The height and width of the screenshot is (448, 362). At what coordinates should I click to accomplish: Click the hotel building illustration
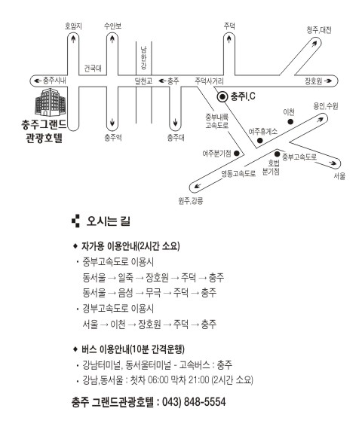click(51, 102)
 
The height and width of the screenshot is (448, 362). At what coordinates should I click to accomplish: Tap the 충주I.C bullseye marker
click(222, 97)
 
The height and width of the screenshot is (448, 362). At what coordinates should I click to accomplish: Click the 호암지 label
click(73, 26)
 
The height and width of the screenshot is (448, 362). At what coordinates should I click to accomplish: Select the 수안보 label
click(113, 26)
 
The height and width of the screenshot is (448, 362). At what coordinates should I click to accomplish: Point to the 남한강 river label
click(143, 58)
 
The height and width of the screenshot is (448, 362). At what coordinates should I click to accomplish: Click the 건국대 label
click(93, 69)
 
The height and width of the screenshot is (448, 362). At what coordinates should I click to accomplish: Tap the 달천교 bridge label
click(143, 81)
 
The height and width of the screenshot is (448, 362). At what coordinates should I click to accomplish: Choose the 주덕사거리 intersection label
click(209, 81)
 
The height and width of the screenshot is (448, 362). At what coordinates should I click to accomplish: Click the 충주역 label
click(113, 138)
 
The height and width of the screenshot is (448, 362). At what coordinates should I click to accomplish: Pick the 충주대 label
click(176, 138)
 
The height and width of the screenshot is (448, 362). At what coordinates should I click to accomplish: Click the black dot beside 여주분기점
click(237, 153)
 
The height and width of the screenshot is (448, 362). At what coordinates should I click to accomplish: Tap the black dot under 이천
click(290, 122)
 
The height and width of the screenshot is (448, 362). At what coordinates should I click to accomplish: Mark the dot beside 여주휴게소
click(260, 140)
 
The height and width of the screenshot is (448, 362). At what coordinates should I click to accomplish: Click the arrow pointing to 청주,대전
click(314, 43)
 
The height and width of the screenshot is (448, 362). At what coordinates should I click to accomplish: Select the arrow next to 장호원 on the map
click(328, 81)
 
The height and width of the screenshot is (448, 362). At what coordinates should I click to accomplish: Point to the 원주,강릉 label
click(191, 201)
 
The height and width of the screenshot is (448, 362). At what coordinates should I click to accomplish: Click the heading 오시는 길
click(109, 221)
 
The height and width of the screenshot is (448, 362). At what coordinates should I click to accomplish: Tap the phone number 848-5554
click(204, 402)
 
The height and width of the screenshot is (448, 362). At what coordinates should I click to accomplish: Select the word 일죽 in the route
click(126, 277)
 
